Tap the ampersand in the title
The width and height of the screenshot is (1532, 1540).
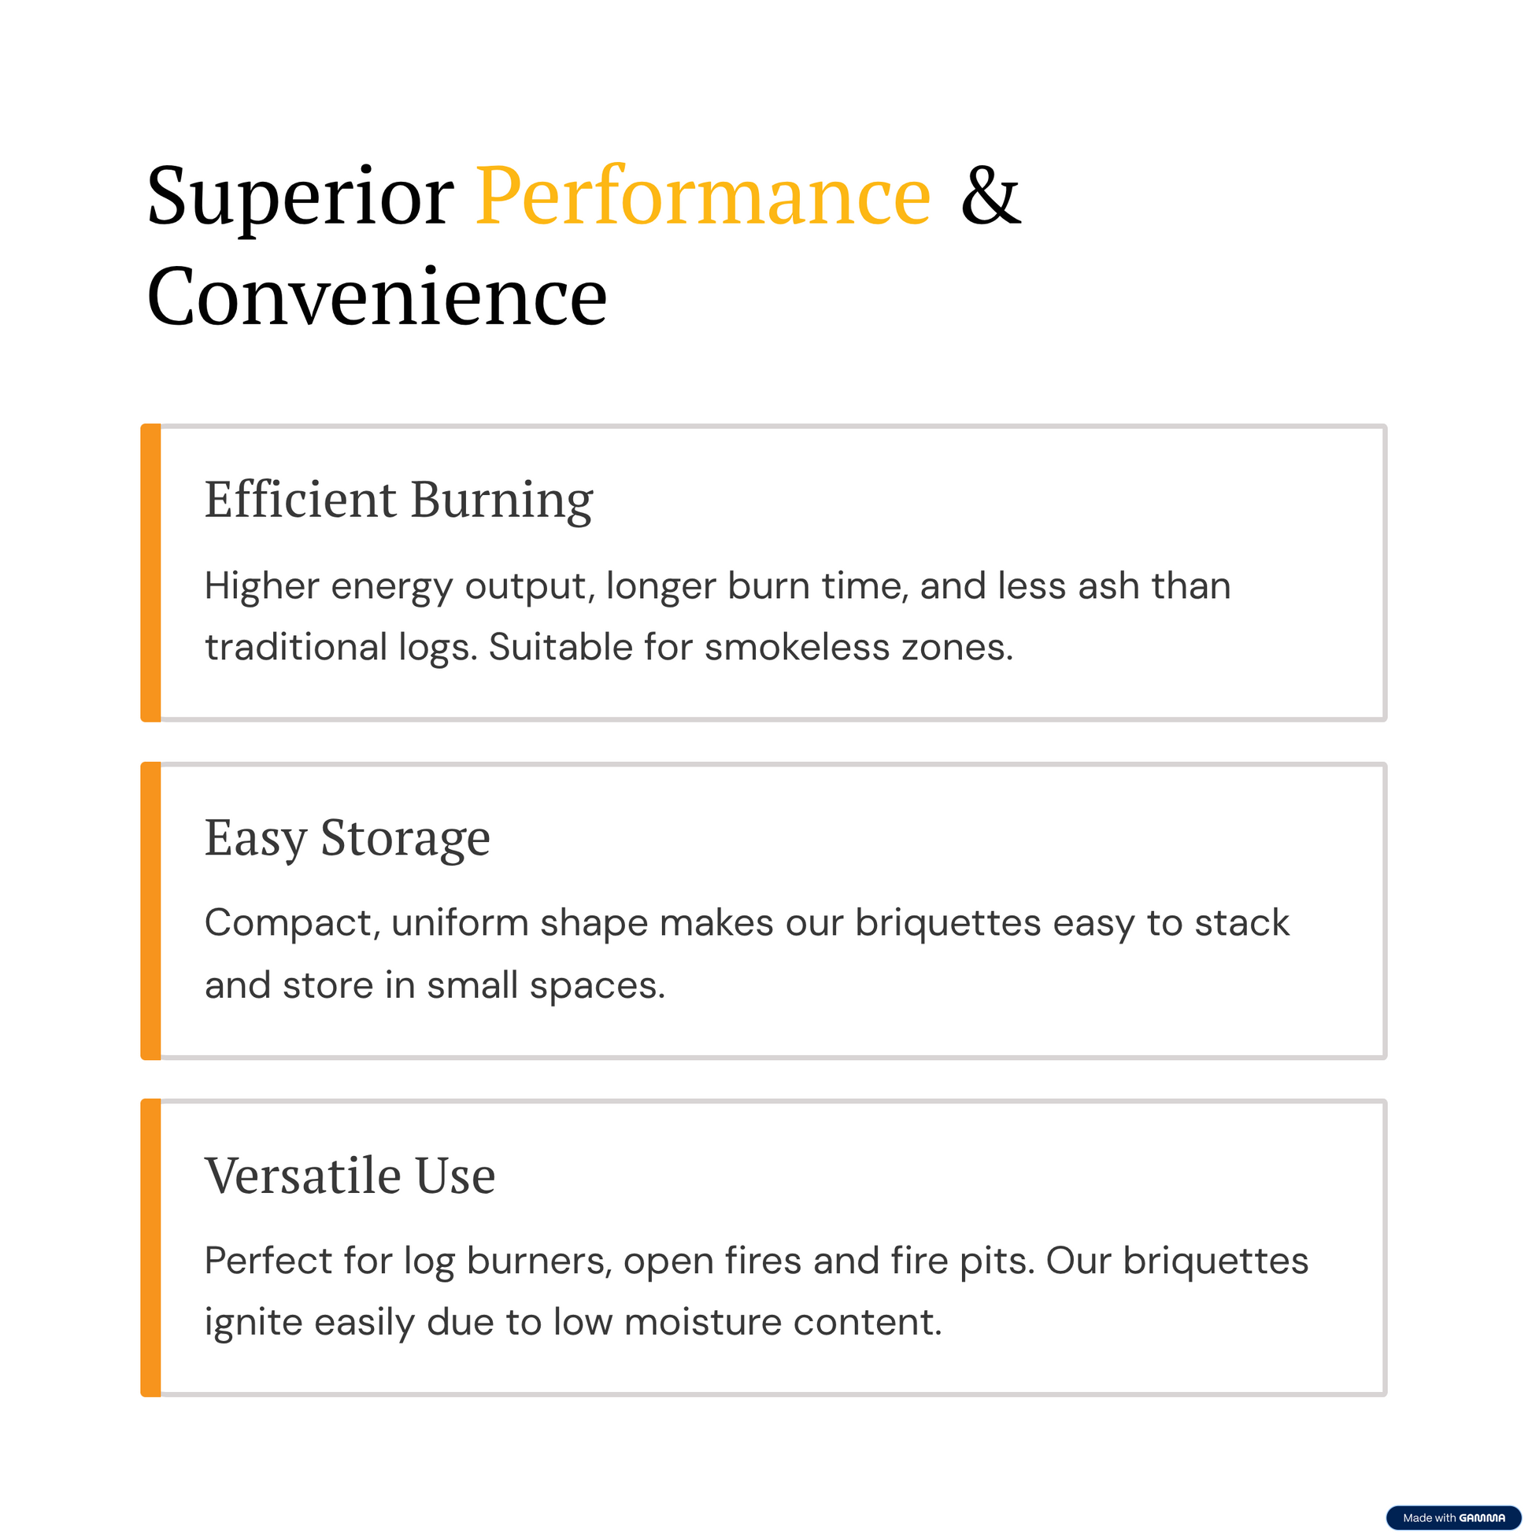[x=990, y=195]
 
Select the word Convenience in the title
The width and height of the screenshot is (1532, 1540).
[x=377, y=297]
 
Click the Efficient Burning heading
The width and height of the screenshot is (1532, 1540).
[x=399, y=500]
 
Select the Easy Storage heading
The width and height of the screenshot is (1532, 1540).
[x=348, y=839]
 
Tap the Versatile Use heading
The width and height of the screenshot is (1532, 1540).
[x=350, y=1176]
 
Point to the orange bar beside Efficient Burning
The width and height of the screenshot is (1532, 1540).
[x=150, y=573]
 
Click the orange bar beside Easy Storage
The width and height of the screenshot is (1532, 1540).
[x=150, y=911]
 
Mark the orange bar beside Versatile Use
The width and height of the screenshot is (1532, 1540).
[x=150, y=1248]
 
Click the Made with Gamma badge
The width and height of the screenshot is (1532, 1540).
[x=1454, y=1518]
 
